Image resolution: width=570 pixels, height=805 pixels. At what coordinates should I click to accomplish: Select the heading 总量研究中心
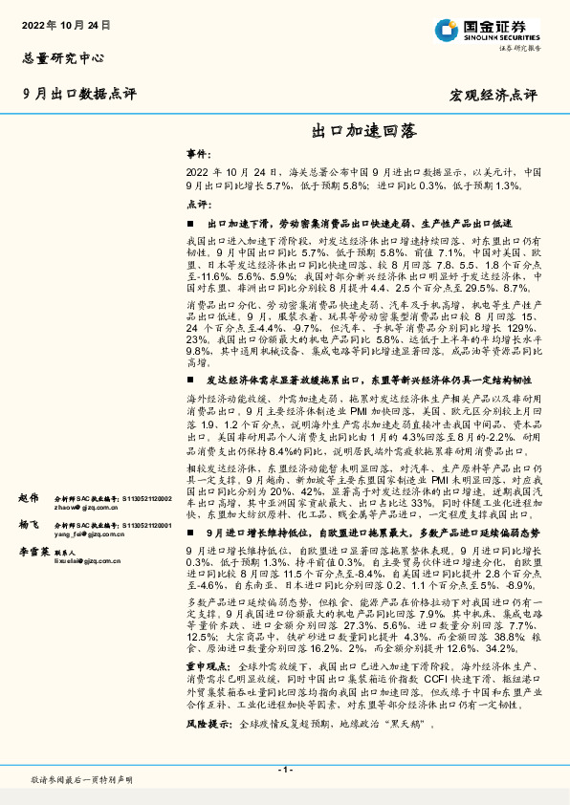click(x=61, y=57)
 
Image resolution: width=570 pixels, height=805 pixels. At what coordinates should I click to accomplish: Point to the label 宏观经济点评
click(x=493, y=96)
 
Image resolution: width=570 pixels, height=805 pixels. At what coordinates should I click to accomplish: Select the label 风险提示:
click(x=207, y=725)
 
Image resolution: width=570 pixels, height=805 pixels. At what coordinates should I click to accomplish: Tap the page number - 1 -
click(x=284, y=769)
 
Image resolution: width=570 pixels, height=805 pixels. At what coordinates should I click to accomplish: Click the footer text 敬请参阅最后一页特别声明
click(x=80, y=781)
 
